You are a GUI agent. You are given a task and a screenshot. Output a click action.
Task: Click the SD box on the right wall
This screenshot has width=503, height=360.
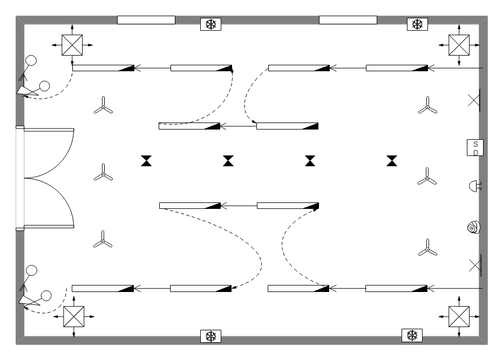475,147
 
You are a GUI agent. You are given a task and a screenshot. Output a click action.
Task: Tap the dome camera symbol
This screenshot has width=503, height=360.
473,228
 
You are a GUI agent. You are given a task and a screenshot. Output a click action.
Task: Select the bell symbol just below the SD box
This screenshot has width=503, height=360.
474,186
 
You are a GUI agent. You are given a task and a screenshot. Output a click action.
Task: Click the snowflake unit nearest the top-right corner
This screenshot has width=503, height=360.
417,24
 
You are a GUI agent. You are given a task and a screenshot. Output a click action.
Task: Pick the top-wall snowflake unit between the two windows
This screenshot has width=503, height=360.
210,24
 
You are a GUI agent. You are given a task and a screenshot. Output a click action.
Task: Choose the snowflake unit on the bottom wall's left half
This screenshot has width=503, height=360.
210,336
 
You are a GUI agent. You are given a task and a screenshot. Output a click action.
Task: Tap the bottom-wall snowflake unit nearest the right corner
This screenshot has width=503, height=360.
412,335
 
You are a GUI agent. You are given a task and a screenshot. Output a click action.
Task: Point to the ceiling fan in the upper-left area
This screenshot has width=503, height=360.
103,106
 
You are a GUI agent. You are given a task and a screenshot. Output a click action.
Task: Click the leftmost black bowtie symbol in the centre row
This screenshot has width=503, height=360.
147,161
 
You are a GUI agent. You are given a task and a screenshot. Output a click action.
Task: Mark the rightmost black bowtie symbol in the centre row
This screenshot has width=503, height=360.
392,161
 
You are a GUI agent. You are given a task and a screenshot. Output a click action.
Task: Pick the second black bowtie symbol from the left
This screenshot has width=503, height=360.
229,161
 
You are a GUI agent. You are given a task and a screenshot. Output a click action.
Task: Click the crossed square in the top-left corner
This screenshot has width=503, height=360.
71,45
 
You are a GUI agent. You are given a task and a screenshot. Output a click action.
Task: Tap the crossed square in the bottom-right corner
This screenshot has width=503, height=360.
459,316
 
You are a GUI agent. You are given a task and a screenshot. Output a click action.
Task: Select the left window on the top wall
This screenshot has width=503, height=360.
146,20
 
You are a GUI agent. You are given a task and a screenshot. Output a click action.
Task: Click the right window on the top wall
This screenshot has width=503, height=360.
348,20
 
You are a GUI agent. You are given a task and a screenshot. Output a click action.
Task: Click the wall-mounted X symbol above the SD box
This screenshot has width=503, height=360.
474,100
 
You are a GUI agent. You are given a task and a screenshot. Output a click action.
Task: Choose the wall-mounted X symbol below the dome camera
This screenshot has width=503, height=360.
475,264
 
